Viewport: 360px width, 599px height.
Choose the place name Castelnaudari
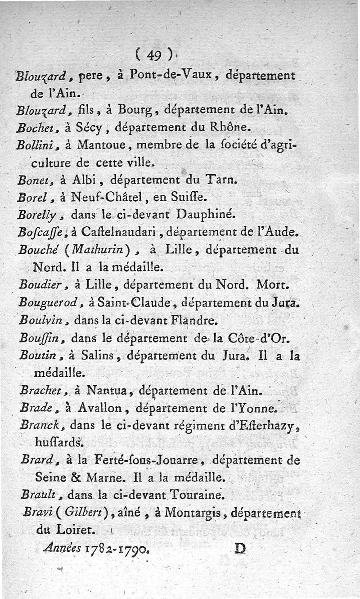coord(120,232)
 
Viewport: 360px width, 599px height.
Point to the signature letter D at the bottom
coord(241,548)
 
